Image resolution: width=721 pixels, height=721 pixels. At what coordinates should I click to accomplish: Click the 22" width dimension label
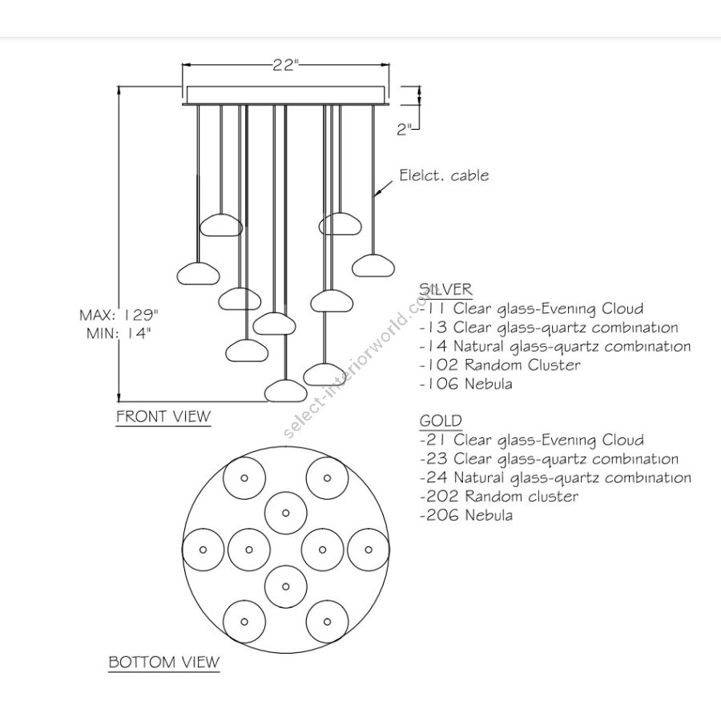(284, 66)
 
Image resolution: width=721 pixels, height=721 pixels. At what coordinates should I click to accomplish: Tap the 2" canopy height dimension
(406, 128)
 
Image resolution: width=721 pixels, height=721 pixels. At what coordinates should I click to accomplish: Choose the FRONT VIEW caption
(163, 416)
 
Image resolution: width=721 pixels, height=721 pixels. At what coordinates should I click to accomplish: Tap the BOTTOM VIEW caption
(163, 662)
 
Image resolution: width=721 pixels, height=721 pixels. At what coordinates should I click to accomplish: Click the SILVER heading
(445, 289)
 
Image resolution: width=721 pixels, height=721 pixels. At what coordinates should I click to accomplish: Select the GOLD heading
(441, 421)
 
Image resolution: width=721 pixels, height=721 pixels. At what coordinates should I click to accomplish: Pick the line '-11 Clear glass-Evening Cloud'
(530, 308)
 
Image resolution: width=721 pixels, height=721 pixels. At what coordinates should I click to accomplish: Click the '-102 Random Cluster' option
(500, 365)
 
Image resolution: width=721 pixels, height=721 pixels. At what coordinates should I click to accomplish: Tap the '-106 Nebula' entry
(465, 384)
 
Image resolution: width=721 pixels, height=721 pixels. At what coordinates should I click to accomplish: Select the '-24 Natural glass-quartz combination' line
(554, 477)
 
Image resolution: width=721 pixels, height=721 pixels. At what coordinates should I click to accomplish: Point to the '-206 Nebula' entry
(465, 515)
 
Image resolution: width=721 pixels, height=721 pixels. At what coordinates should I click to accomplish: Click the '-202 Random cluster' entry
(498, 497)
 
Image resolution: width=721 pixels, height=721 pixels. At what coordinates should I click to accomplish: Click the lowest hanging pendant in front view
(286, 389)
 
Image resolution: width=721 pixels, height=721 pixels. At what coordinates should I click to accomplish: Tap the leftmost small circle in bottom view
(203, 549)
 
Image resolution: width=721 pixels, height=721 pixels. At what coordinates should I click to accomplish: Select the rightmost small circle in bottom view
(369, 549)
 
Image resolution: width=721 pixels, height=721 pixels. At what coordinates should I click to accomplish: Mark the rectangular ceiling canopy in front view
(286, 94)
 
